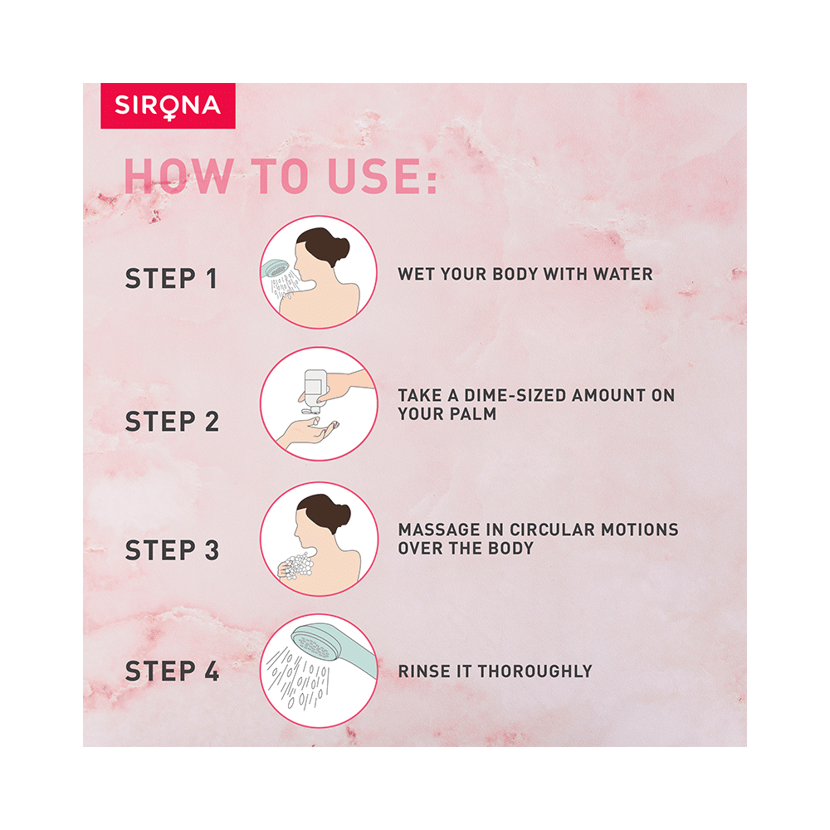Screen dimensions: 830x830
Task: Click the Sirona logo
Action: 168,105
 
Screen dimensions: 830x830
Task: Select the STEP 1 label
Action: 172,279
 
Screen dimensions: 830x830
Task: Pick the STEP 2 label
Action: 172,422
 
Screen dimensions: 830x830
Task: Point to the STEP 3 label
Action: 172,550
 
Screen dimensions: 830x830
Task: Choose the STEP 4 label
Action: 172,671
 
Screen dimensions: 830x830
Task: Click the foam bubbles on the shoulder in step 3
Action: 297,568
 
